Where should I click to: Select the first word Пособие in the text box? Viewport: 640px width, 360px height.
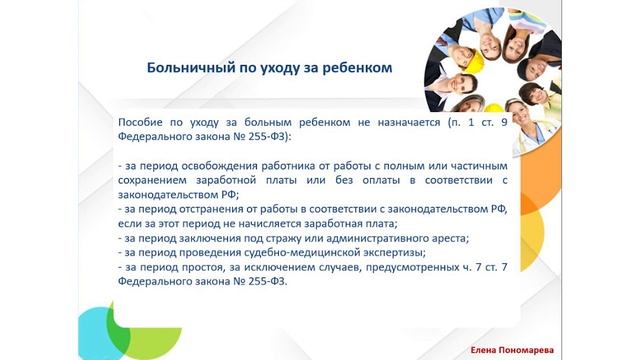click(141, 121)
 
